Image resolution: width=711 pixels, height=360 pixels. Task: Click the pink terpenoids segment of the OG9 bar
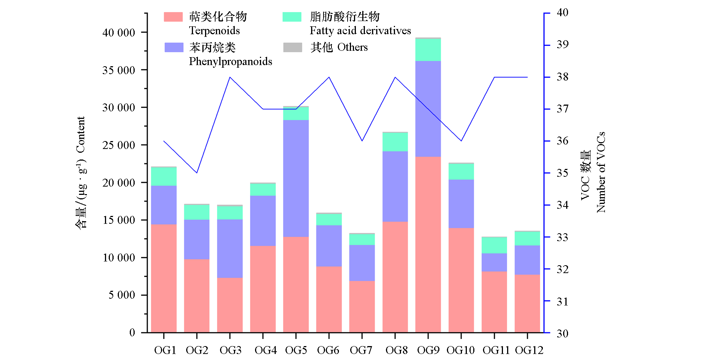(428, 245)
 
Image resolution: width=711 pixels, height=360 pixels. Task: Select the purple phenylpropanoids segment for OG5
(296, 178)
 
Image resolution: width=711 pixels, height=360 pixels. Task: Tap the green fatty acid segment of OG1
(164, 176)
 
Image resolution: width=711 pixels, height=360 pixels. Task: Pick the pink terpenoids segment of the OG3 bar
(230, 305)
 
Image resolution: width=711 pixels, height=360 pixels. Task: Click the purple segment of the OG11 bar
(494, 262)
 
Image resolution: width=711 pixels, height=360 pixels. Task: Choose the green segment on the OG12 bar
(527, 238)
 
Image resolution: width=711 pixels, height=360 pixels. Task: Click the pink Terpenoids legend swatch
(173, 17)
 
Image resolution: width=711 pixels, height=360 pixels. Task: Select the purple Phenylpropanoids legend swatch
(174, 47)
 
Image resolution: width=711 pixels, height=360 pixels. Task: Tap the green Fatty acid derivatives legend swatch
(292, 17)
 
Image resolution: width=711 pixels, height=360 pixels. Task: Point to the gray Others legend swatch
(292, 47)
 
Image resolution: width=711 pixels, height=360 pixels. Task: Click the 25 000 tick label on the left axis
(118, 145)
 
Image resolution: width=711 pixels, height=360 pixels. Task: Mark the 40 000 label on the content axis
(118, 33)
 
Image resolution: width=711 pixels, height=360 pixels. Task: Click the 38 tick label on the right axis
(562, 77)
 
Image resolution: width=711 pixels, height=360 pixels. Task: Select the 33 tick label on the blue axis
(562, 237)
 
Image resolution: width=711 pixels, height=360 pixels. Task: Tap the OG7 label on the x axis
(361, 351)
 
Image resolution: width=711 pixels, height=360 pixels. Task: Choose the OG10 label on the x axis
(460, 351)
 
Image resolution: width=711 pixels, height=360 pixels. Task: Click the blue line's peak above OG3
(230, 77)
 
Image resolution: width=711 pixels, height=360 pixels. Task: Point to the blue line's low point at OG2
(197, 173)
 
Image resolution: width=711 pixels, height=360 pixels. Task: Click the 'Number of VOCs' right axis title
(601, 172)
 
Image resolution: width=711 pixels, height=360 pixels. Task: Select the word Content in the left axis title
(81, 135)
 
